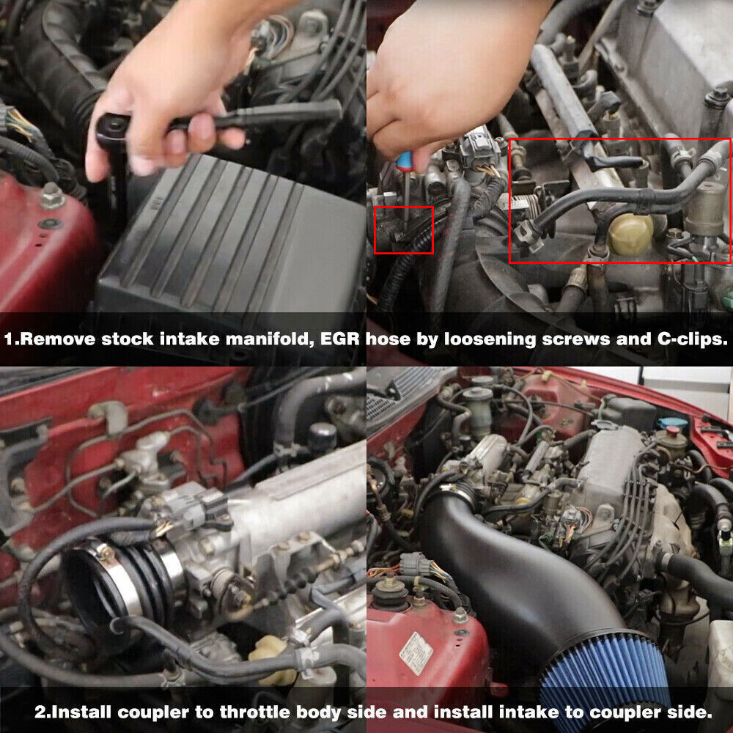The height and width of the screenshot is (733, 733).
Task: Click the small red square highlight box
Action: click(403, 230)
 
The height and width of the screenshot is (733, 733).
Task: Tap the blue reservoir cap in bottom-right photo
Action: click(671, 424)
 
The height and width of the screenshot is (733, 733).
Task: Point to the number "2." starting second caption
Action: click(42, 712)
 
